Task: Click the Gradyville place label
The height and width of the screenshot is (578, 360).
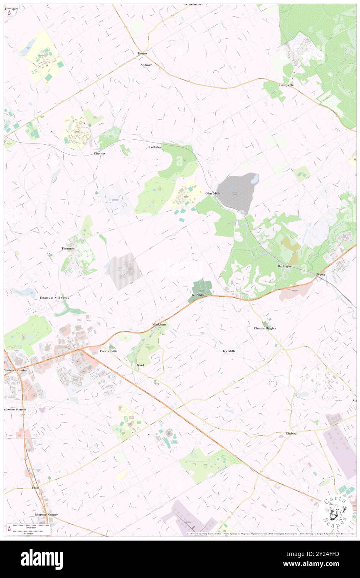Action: coord(286,85)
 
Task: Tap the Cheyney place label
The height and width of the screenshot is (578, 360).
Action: coord(100,153)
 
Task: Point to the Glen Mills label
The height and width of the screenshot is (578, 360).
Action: coord(212,193)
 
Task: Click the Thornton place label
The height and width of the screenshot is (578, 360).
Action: coord(68,248)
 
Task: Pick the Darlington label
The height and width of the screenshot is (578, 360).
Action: coord(285,266)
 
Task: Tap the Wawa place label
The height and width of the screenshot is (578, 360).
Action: coord(321,275)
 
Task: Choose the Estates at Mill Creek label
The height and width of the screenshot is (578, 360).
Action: coord(54,298)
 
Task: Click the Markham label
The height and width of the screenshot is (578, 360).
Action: coord(159,324)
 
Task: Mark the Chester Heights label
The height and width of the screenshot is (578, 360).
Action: coord(265,328)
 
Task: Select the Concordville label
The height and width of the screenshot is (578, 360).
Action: coord(108,351)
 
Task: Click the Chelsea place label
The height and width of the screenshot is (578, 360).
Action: coord(291,433)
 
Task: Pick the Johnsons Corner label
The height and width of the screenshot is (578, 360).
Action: coord(47,514)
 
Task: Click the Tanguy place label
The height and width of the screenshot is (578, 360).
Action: coord(143,53)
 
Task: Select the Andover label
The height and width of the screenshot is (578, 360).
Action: coord(146,65)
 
